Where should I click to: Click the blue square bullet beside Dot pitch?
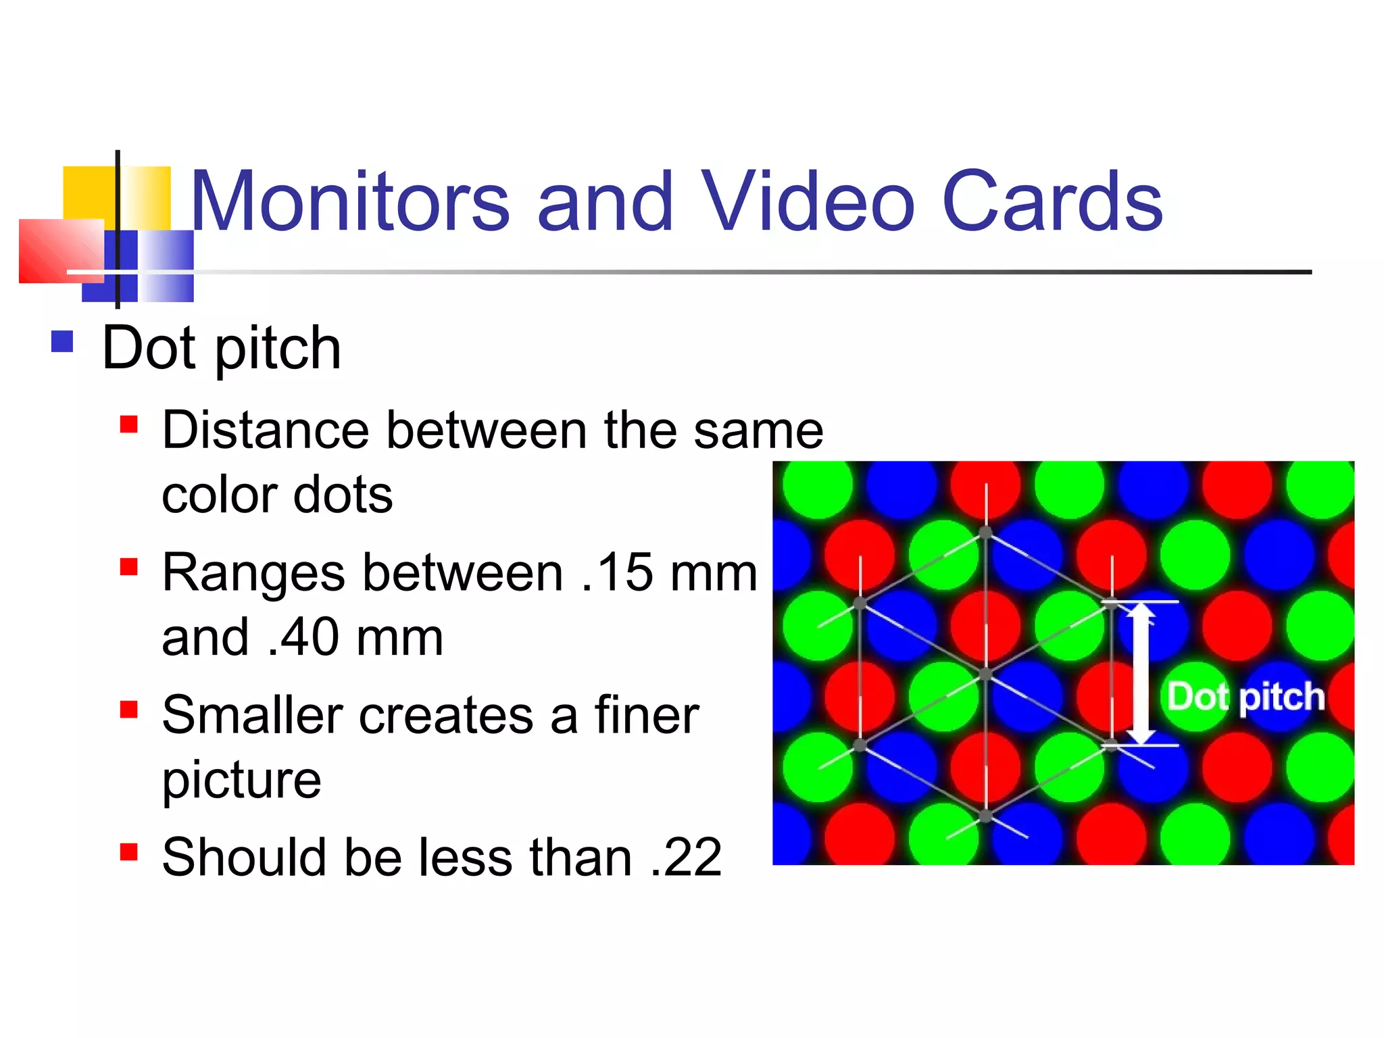[62, 341]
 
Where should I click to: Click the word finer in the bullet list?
[646, 715]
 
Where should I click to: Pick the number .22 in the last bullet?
[687, 858]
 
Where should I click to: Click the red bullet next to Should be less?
[128, 851]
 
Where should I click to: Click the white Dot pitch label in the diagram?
[1245, 696]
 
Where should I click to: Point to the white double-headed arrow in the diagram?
[1141, 673]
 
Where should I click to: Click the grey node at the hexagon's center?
[986, 674]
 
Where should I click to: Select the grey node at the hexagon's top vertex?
[986, 533]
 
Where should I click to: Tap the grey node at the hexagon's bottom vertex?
[986, 816]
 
